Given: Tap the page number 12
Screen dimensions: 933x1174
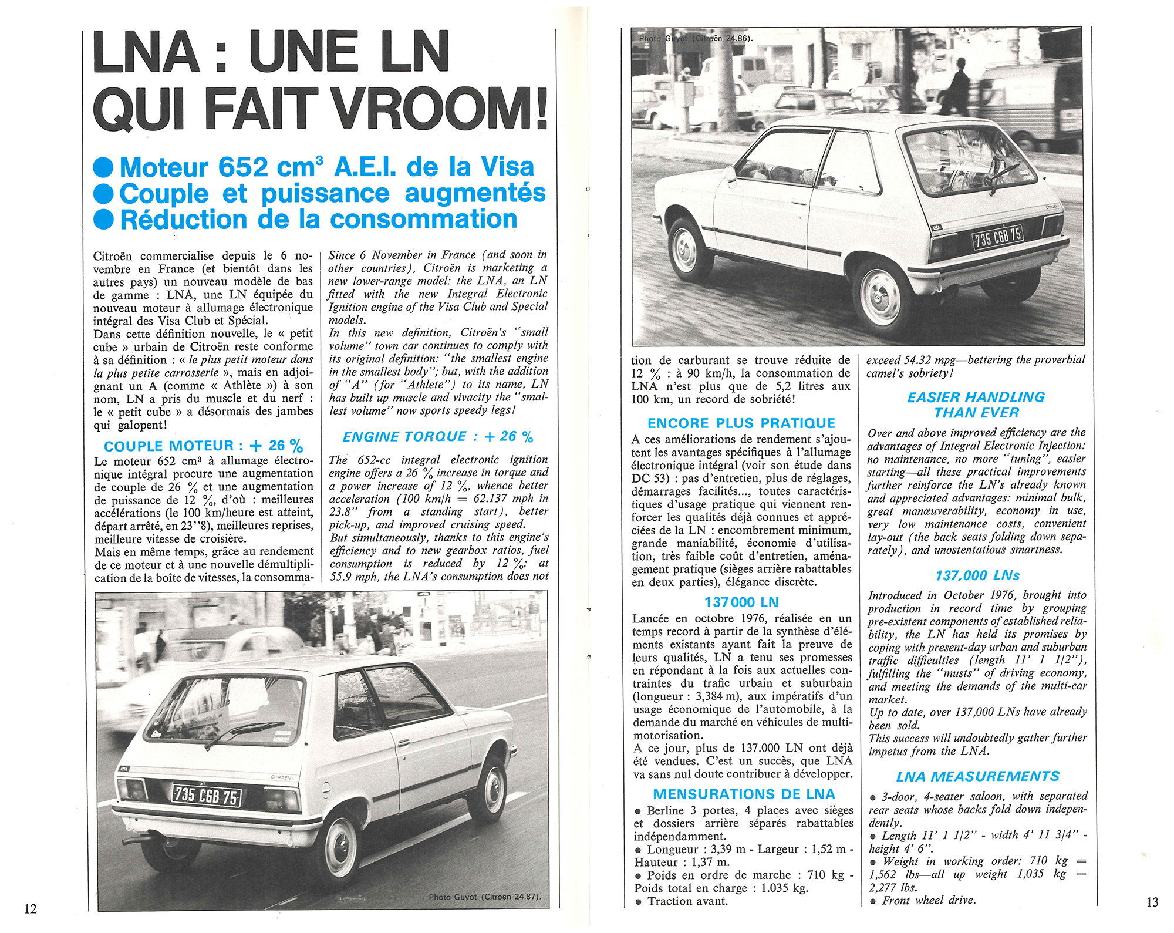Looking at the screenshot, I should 31,908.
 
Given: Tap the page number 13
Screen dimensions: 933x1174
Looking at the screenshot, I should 1152,902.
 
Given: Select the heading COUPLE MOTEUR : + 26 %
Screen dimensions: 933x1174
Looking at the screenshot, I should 203,446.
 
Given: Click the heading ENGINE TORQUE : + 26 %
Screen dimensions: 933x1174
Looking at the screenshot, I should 438,437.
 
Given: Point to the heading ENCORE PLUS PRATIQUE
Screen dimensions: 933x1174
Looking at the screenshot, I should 741,423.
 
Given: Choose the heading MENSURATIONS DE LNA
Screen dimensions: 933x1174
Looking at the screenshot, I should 744,794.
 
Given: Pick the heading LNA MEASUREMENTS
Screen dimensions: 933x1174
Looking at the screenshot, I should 977,776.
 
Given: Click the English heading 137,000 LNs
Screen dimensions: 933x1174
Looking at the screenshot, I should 977,575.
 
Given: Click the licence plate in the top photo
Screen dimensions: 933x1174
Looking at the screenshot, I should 998,237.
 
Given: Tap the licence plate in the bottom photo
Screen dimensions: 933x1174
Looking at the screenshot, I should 206,796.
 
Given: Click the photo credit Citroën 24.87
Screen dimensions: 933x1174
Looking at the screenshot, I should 484,897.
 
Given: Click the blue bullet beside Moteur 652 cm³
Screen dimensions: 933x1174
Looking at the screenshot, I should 103,168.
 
